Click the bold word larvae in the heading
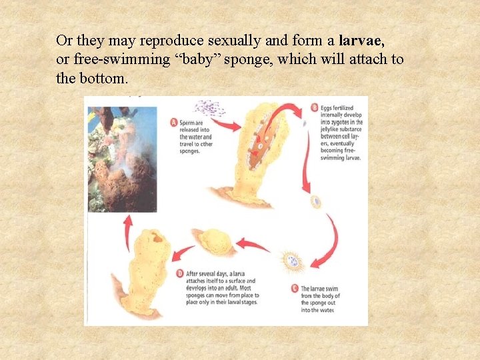359,40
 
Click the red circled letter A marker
174,122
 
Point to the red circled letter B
315,107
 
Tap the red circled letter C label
295,289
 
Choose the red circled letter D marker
180,273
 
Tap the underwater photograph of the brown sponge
122,159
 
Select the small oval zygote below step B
316,201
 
